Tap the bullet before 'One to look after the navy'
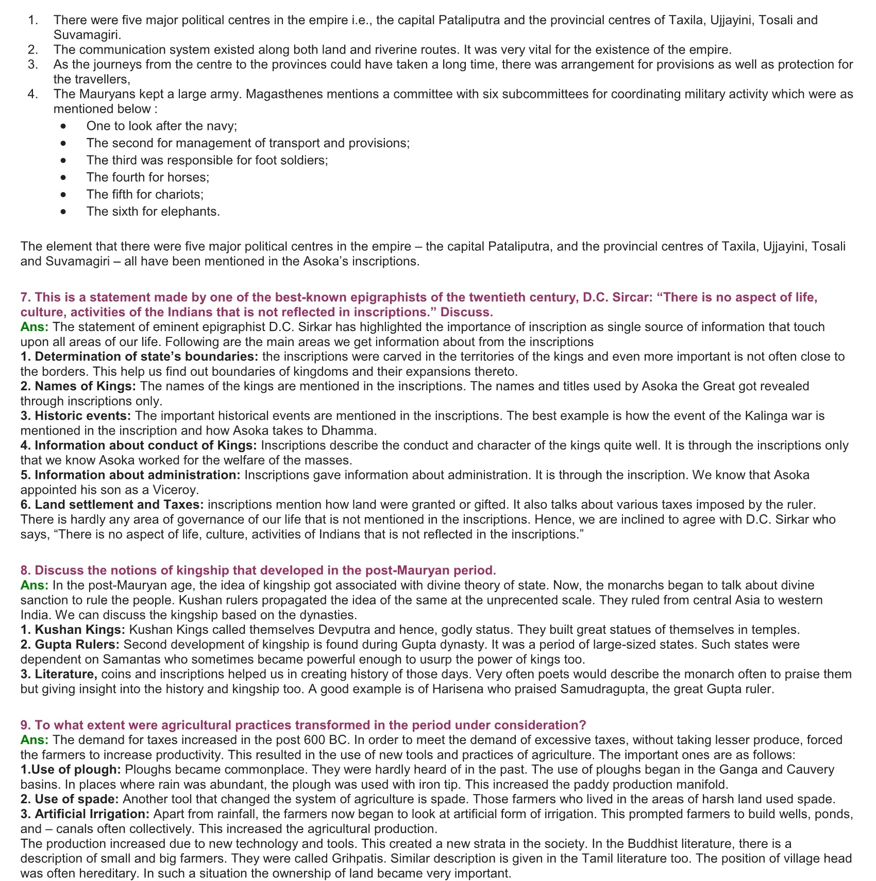point(63,126)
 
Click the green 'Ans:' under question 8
point(35,585)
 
